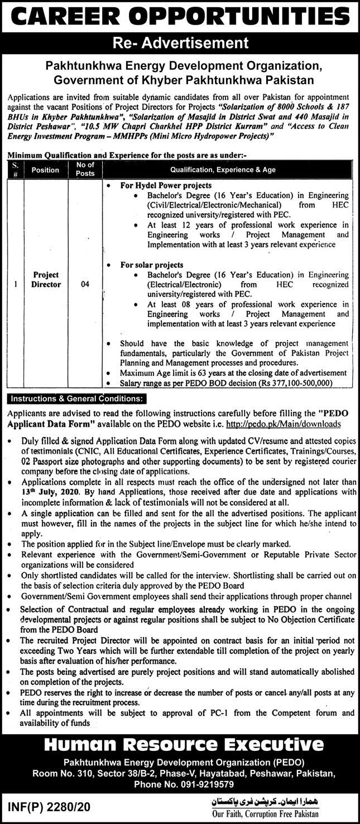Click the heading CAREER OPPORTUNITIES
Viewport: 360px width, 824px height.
click(180, 17)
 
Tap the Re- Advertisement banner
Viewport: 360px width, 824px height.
click(180, 42)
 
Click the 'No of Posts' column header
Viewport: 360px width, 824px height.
click(85, 169)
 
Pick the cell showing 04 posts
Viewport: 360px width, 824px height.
click(85, 284)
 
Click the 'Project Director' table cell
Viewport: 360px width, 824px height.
click(46, 280)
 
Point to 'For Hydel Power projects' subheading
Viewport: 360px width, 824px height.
click(166, 185)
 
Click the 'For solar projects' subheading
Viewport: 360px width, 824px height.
click(152, 265)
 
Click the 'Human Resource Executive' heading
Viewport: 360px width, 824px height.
click(180, 744)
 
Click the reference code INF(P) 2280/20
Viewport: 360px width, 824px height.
click(49, 806)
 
